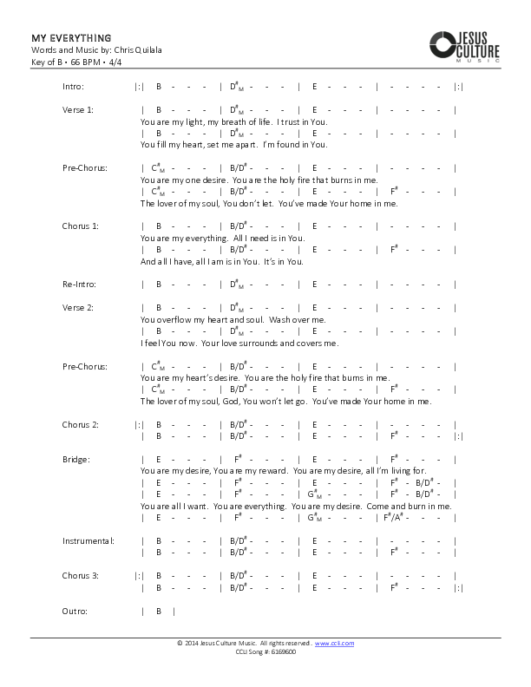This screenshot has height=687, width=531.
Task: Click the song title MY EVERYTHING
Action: (71, 38)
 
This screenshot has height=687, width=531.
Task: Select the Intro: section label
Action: (73, 87)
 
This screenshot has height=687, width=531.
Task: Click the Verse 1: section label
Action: (77, 110)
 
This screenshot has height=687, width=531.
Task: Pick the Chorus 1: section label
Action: (80, 226)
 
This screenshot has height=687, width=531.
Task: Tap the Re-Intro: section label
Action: (79, 285)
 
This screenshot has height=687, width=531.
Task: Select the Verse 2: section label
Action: (77, 308)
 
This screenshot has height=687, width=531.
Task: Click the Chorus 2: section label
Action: (80, 425)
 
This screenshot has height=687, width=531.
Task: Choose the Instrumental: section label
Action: (88, 541)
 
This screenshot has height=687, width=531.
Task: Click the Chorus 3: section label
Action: (80, 576)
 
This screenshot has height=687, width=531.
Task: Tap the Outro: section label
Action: (75, 612)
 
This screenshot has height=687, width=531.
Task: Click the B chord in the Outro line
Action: (159, 612)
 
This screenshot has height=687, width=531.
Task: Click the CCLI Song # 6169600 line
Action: (265, 651)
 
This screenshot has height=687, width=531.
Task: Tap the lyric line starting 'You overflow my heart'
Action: (233, 320)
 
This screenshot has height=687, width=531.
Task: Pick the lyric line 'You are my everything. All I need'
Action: (222, 238)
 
